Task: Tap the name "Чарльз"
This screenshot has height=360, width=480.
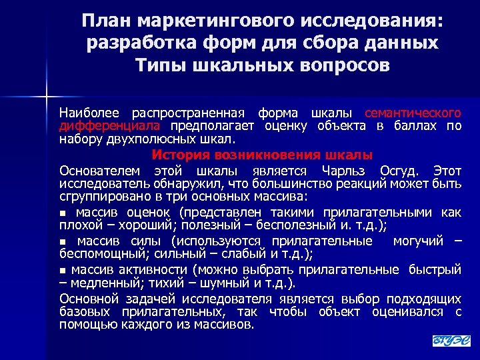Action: [x=339, y=169]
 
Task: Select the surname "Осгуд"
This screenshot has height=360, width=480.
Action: [x=399, y=169]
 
